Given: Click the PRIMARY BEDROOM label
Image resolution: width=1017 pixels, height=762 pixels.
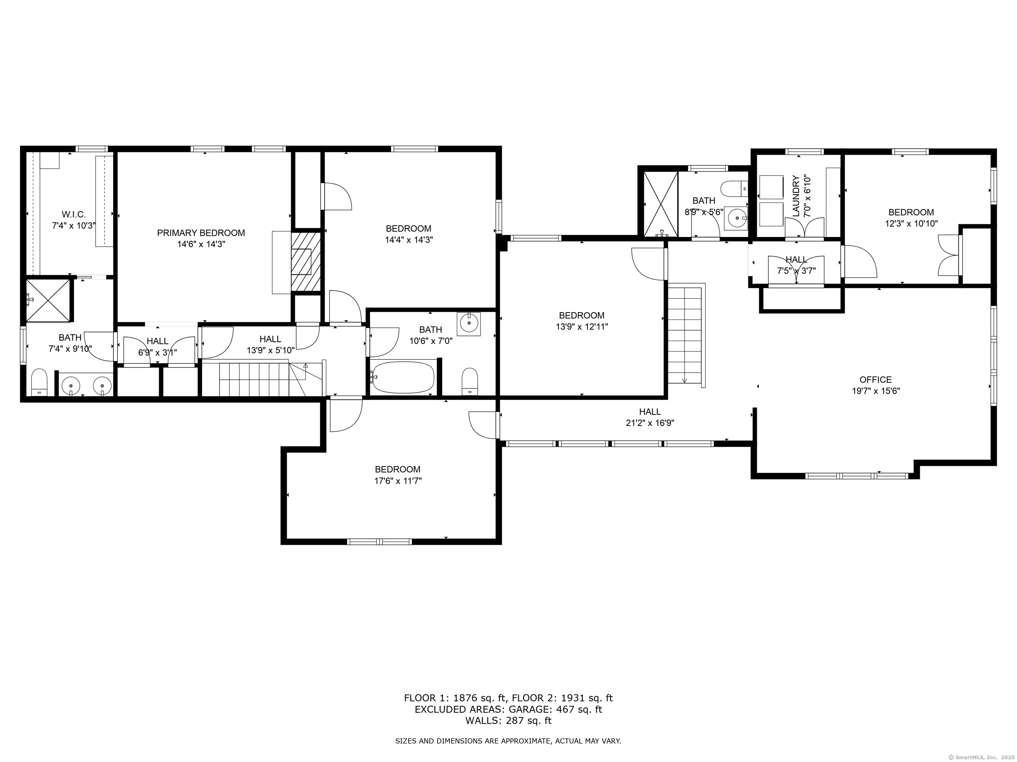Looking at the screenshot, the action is click(x=201, y=233).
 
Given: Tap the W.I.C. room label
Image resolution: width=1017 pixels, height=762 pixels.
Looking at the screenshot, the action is click(x=74, y=215).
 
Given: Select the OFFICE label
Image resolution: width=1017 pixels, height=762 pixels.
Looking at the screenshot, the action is click(x=875, y=380).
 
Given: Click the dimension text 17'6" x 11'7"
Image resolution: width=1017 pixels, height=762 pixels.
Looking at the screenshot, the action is click(x=398, y=481).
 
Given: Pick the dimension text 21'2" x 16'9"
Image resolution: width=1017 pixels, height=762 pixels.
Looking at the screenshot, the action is click(x=650, y=423).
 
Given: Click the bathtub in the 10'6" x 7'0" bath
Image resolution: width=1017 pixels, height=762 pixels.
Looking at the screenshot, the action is click(x=403, y=376).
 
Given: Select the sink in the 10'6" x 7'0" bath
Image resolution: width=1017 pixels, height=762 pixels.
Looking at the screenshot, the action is click(x=469, y=324).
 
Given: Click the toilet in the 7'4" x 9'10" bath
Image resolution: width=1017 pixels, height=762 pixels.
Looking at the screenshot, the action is click(x=39, y=382).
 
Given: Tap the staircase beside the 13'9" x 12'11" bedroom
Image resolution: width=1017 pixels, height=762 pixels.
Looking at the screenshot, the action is click(x=685, y=335).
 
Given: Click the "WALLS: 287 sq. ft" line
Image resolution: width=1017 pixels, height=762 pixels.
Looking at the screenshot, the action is click(x=508, y=721).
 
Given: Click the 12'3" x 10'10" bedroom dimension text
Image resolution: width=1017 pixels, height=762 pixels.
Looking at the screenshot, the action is click(x=911, y=224).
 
